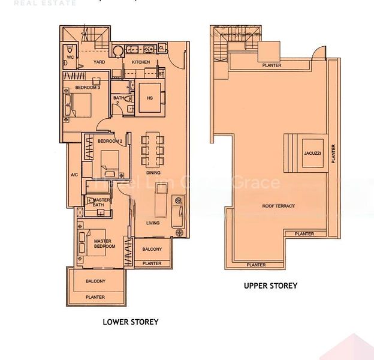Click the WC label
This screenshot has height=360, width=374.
coord(70,57)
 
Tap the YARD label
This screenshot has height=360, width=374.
coord(99,62)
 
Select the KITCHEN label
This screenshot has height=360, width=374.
coord(141,62)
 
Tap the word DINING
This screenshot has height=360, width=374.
coord(153,173)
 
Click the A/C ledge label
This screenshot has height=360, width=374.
coord(74,175)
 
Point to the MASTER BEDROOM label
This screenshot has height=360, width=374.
coord(104,244)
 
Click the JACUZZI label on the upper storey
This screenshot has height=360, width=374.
coord(312,153)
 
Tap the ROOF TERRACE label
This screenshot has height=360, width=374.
coord(279,206)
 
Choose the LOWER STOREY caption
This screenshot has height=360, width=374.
coord(131,322)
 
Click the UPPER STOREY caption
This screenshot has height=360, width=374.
coord(270,286)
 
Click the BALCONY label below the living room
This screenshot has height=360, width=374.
coord(152,249)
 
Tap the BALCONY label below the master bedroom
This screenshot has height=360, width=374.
coord(95,281)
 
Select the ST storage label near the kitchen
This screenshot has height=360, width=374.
coord(161,73)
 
